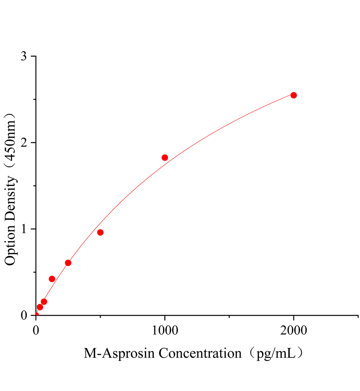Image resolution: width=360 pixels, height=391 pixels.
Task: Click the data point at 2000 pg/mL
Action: (293, 95)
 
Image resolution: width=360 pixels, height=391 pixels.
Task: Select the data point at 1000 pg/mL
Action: (165, 158)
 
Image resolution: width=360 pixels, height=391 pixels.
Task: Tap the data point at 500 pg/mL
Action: (100, 232)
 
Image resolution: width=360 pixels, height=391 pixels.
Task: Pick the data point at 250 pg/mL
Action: (68, 263)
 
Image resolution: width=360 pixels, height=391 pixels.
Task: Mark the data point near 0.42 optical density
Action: (52, 279)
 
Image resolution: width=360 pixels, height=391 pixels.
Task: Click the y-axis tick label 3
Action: (23, 56)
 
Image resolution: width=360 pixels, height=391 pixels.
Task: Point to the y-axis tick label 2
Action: (23, 143)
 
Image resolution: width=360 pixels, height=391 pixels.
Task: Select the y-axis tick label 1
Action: (23, 229)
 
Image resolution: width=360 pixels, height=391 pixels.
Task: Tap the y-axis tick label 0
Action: (23, 315)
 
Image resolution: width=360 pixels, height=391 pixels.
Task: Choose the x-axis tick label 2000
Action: (293, 330)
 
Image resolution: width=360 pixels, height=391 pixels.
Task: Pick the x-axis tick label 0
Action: (36, 330)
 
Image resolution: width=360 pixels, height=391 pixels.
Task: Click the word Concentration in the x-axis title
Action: (200, 353)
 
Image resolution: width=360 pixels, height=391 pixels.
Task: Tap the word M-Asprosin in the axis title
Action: (119, 353)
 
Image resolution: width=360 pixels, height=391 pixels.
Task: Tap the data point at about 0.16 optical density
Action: (44, 302)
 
